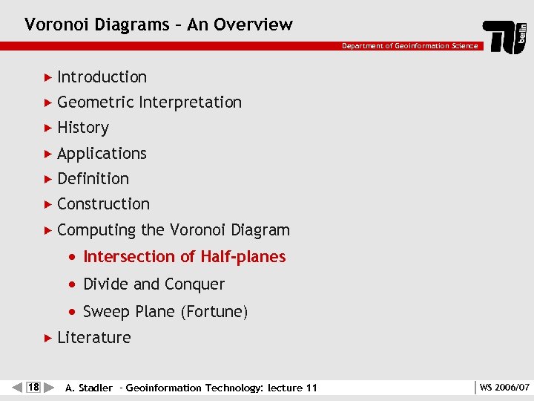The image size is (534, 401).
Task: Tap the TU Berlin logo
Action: point(505,36)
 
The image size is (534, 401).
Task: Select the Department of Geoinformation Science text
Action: point(409,46)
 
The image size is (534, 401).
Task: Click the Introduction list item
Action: point(102,76)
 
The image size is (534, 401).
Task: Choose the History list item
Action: point(83,128)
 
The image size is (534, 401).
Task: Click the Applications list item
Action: point(102,154)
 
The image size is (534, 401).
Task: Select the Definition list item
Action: point(93,179)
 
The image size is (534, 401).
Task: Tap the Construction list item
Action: point(103,204)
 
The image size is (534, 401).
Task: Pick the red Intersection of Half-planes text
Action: point(184,257)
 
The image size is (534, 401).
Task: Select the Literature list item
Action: point(93,338)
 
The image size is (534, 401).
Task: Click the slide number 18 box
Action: point(33,387)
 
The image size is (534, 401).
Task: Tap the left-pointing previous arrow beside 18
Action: point(18,387)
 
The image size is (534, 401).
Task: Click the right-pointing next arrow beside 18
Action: point(49,387)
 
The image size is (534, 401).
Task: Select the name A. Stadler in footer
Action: point(89,388)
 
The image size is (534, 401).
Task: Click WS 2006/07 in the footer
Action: point(504,387)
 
